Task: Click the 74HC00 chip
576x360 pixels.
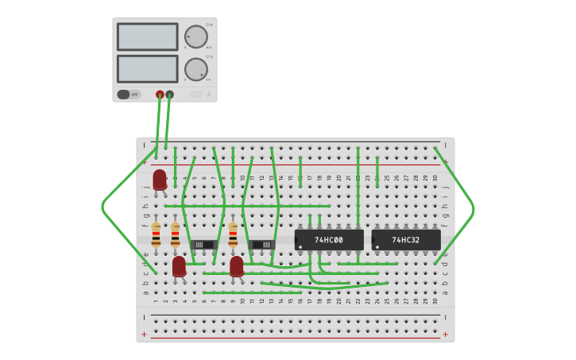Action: pos(329,239)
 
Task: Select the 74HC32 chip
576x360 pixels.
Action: pos(406,239)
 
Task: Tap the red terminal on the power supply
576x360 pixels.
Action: pos(160,95)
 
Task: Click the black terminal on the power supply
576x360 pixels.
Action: pos(169,95)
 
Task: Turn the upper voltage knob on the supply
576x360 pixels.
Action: pos(195,37)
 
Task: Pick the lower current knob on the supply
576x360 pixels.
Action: pos(195,69)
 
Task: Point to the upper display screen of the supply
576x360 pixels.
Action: pos(148,37)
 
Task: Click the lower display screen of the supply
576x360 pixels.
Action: pos(148,68)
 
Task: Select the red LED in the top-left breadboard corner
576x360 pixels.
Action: pos(160,179)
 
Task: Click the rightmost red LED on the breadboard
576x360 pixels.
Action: pos(237,265)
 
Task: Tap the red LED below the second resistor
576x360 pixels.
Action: pos(179,265)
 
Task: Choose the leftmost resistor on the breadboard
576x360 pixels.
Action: pos(156,235)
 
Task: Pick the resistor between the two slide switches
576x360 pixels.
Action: pos(233,235)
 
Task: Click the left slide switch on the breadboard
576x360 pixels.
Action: pos(203,244)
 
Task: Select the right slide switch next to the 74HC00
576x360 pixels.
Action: pos(263,244)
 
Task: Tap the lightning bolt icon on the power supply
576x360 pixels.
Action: pos(208,95)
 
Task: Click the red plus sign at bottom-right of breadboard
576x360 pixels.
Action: pos(445,335)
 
